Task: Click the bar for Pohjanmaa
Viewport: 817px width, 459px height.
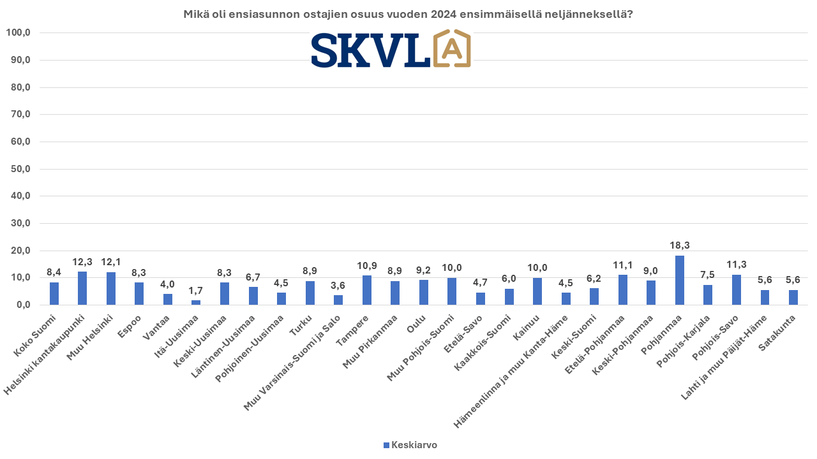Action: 680,280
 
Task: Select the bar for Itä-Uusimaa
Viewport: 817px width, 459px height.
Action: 196,302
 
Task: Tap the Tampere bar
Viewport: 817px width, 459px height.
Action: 367,290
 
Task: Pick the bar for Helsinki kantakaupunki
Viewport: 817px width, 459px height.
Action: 82,288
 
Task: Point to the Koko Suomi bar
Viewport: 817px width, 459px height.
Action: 54,293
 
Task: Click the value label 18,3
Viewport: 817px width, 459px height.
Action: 680,245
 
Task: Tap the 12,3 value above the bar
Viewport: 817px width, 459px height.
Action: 82,261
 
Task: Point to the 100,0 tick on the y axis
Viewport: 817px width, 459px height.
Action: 18,33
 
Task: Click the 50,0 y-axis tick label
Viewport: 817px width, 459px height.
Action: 20,169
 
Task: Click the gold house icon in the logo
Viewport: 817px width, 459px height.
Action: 452,49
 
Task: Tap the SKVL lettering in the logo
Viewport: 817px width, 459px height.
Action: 370,50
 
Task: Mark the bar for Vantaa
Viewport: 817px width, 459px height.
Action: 168,299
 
